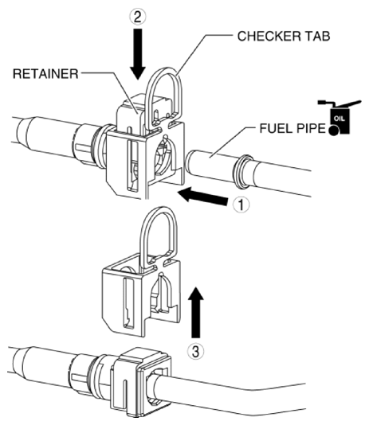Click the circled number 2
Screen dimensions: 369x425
coord(137,17)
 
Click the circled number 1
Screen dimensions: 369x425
coord(241,205)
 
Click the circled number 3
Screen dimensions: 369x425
coord(195,352)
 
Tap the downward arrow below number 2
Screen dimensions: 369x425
coord(138,53)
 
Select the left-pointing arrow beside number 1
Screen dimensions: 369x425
coord(202,195)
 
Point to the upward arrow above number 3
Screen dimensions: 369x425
coord(196,312)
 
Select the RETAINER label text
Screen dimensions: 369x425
coord(45,74)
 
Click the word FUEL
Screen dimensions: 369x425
coord(276,128)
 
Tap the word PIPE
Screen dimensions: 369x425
coord(310,128)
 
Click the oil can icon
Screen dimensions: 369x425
coord(340,117)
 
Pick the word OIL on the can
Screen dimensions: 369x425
coord(340,119)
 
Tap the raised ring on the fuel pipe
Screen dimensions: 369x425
coord(242,172)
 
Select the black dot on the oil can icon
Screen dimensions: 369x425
coord(333,131)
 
